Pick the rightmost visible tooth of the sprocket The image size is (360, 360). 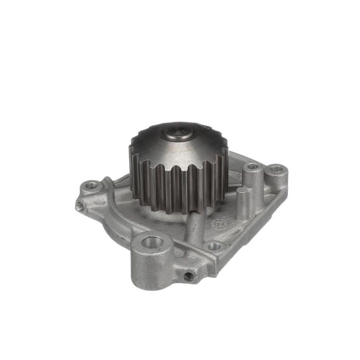pos(224,169)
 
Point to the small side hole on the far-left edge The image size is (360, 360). pos(79,206)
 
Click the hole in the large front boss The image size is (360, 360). pos(152,242)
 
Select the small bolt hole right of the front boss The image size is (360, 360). pos(214,246)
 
